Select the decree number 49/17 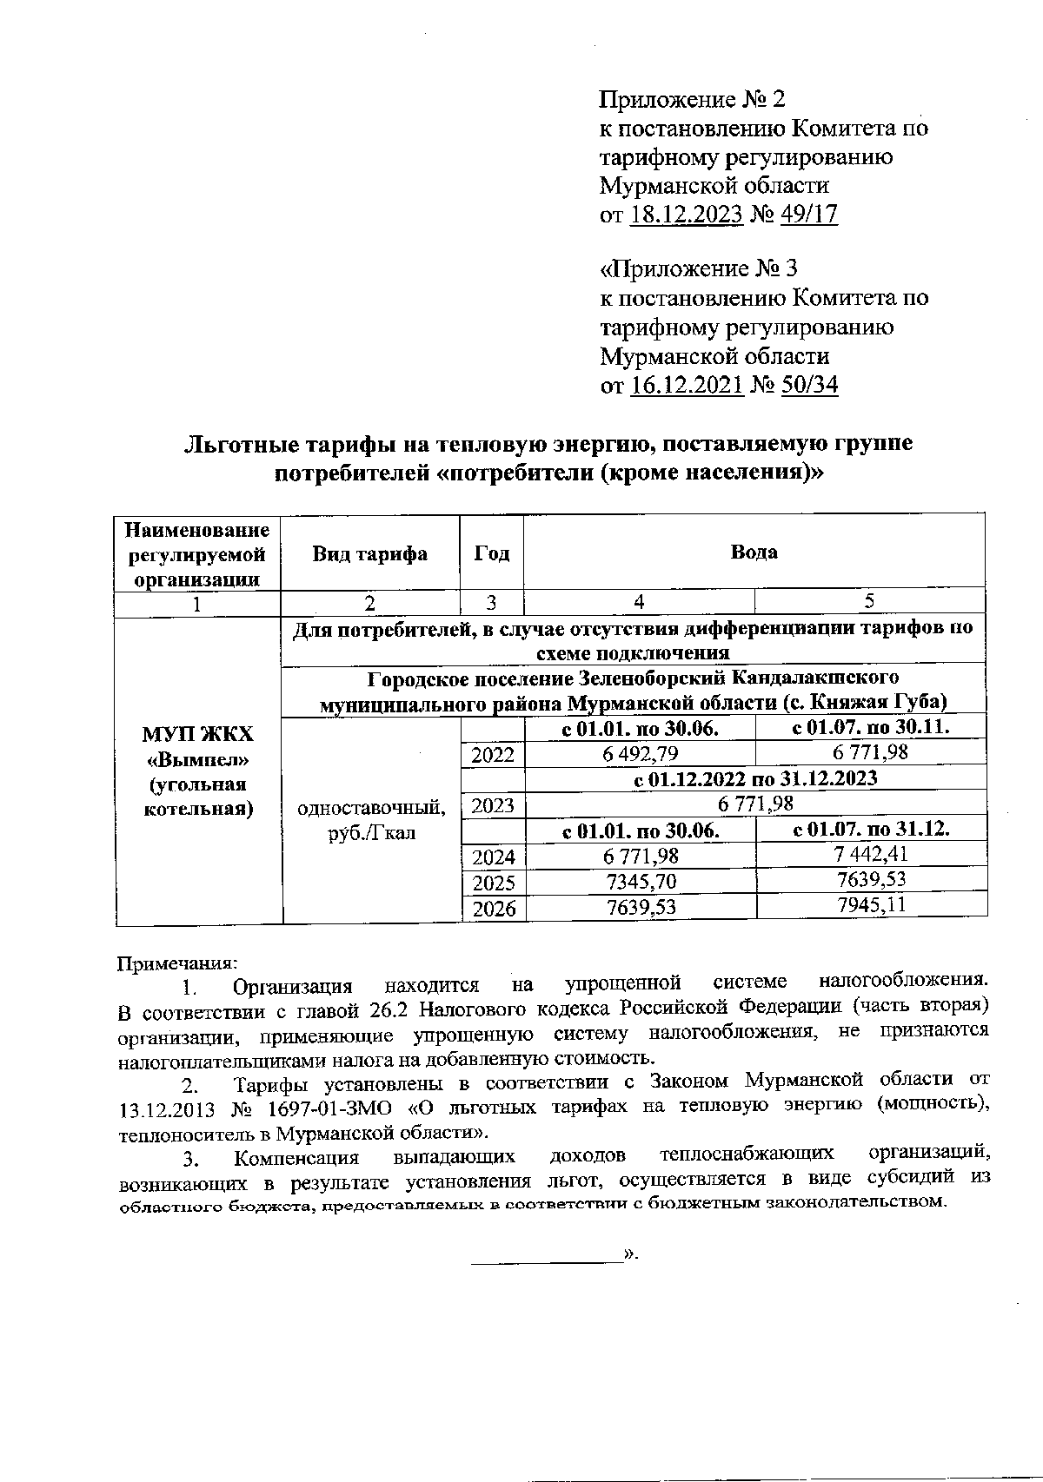809,214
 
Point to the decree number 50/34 809,384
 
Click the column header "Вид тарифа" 369,553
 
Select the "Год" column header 491,553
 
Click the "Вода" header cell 754,552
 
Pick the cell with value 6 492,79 640,753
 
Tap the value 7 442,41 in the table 870,856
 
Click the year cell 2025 493,883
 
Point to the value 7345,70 640,883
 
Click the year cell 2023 493,804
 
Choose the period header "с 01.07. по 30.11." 870,728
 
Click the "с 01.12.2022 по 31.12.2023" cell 754,778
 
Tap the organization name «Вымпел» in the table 197,759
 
